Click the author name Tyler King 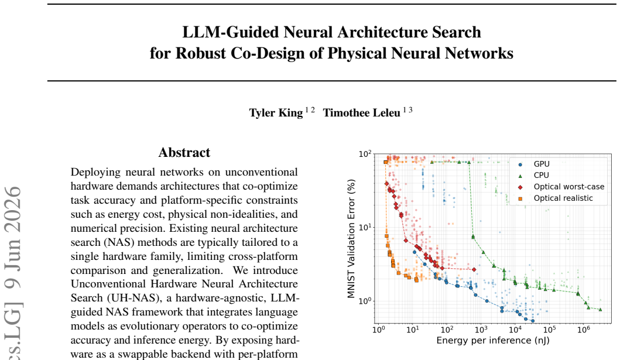276,113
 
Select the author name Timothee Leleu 361,113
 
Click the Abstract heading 184,153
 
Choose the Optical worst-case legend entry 561,187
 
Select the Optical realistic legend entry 555,198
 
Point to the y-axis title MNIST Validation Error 351,239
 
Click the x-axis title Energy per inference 493,340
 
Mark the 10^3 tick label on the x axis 481,329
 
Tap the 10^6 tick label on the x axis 583,329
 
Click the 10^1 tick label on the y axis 365,227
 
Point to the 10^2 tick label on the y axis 365,154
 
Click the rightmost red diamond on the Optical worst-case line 474,269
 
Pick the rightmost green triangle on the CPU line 600,310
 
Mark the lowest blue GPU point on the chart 533,321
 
